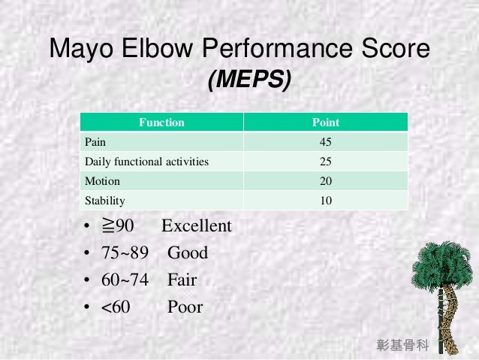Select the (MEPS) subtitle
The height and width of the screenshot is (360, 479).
click(x=249, y=80)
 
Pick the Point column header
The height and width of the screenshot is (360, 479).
click(x=325, y=123)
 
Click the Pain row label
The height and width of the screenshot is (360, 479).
click(x=95, y=142)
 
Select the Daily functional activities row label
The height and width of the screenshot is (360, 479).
click(x=146, y=162)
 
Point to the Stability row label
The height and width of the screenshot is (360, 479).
click(x=105, y=201)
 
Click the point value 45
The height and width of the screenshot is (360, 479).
click(x=325, y=142)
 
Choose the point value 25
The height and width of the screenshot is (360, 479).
click(x=325, y=162)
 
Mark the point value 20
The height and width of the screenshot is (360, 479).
click(x=325, y=181)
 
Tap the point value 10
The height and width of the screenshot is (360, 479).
click(x=325, y=201)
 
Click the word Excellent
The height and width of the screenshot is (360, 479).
click(x=196, y=226)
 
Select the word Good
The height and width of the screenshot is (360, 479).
click(x=187, y=253)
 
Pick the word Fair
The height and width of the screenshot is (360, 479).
click(x=182, y=280)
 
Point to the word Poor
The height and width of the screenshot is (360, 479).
click(x=185, y=307)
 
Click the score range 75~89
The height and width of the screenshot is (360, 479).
click(x=125, y=253)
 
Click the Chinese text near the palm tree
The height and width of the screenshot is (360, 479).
click(x=402, y=346)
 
